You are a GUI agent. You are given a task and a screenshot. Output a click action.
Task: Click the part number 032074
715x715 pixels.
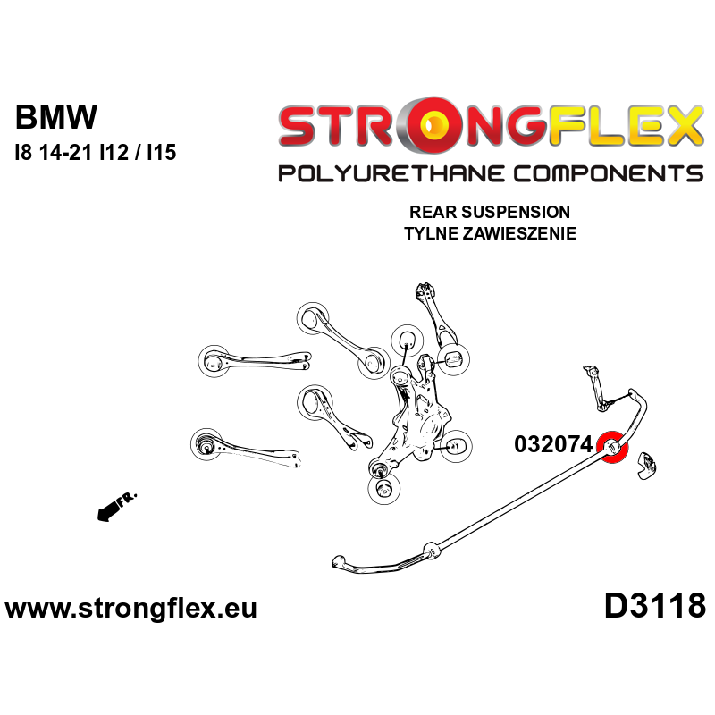tap(554, 445)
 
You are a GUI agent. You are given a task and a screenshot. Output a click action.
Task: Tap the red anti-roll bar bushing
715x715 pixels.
tap(612, 448)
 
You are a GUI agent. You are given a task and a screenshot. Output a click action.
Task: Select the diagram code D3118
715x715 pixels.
tap(655, 607)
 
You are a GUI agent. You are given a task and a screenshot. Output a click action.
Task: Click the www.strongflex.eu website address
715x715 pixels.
tap(131, 609)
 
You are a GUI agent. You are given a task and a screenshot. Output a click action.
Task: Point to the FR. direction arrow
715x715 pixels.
tap(113, 507)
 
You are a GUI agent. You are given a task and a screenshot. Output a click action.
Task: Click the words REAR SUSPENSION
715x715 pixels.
tap(489, 213)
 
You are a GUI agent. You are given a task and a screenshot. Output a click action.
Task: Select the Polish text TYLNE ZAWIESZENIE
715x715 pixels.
tap(489, 234)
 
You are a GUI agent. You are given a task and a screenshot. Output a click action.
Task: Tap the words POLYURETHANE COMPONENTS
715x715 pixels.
tap(490, 173)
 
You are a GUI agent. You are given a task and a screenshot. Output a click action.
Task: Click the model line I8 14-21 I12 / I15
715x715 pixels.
tap(95, 153)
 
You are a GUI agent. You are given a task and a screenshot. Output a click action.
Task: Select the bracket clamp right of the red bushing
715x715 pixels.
tap(646, 465)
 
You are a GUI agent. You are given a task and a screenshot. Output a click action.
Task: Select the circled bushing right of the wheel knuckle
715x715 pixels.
tap(457, 443)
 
